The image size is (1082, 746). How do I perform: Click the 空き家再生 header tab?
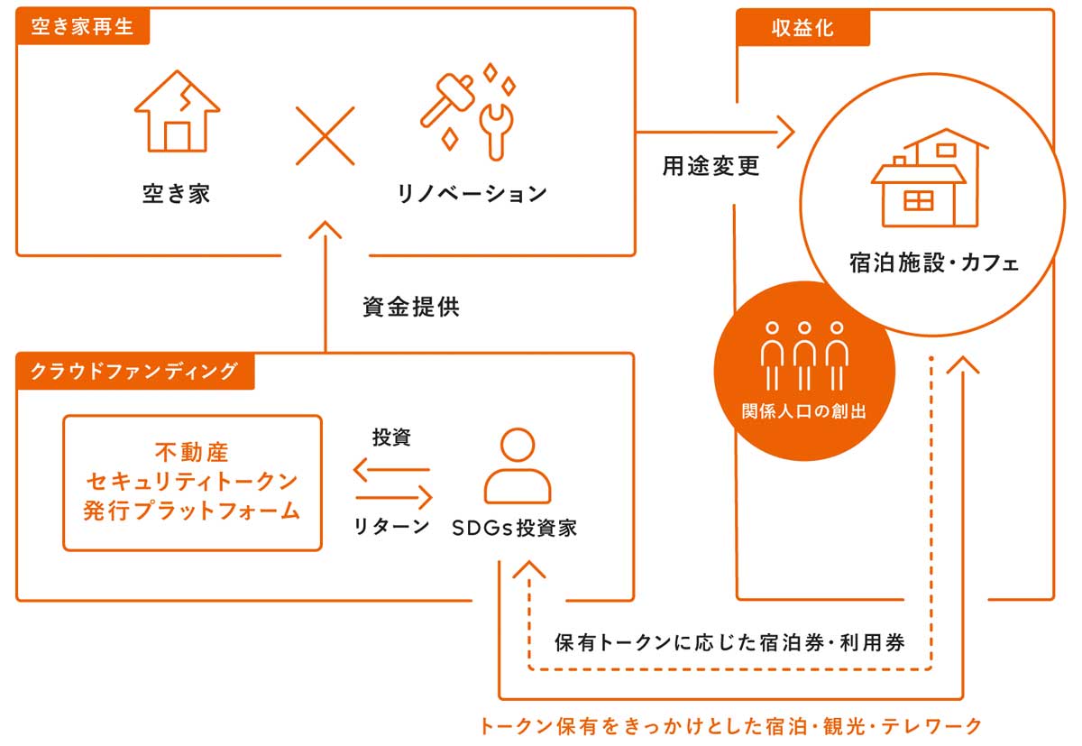click(x=83, y=26)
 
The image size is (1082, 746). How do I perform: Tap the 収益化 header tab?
click(x=802, y=28)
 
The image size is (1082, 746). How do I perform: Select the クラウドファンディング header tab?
click(x=135, y=371)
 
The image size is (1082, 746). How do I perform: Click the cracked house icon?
click(x=178, y=111)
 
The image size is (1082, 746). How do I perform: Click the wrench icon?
click(x=496, y=132)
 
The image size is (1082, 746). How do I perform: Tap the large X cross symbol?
click(x=326, y=136)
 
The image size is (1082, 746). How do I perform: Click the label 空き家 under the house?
click(x=177, y=194)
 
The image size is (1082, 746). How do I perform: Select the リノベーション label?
click(x=472, y=194)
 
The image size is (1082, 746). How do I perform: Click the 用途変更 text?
click(x=711, y=166)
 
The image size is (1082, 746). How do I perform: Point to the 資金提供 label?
click(x=411, y=307)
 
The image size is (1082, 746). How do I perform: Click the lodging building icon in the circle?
click(x=930, y=178)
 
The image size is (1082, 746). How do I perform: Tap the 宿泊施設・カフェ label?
click(x=934, y=263)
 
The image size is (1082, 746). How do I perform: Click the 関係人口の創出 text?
click(x=804, y=411)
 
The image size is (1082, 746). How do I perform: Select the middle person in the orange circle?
click(x=804, y=356)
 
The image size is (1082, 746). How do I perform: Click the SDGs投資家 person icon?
click(x=518, y=465)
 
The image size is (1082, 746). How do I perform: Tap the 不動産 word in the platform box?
click(x=192, y=453)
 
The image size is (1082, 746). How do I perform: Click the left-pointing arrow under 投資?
click(x=391, y=470)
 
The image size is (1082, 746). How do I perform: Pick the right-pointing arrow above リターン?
click(x=394, y=498)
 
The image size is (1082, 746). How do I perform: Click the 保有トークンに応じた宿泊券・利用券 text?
click(x=729, y=643)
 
